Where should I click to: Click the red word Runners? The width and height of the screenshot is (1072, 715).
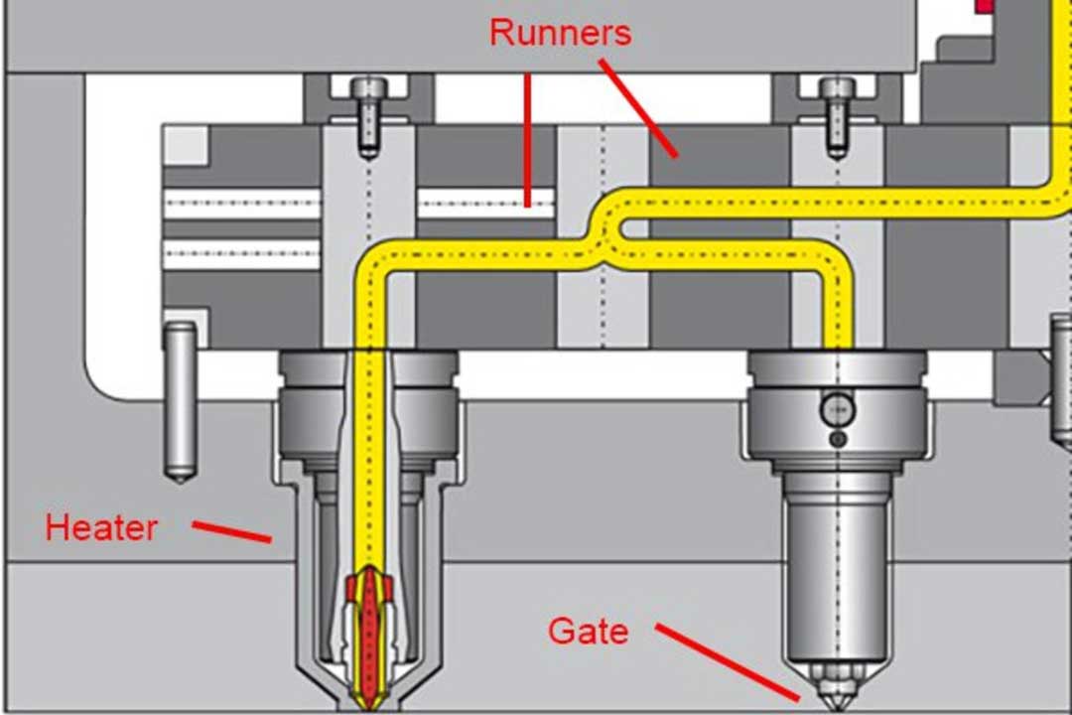click(560, 32)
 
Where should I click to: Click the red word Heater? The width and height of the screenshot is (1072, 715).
click(101, 527)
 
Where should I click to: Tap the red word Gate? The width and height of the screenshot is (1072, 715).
click(589, 631)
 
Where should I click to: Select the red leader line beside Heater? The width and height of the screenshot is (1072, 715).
click(231, 532)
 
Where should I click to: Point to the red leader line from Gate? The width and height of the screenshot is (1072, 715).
click(728, 662)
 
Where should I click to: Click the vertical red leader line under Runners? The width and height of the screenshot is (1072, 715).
click(528, 139)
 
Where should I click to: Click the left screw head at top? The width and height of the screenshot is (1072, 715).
click(368, 89)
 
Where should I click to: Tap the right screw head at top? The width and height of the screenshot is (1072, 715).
click(837, 89)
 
